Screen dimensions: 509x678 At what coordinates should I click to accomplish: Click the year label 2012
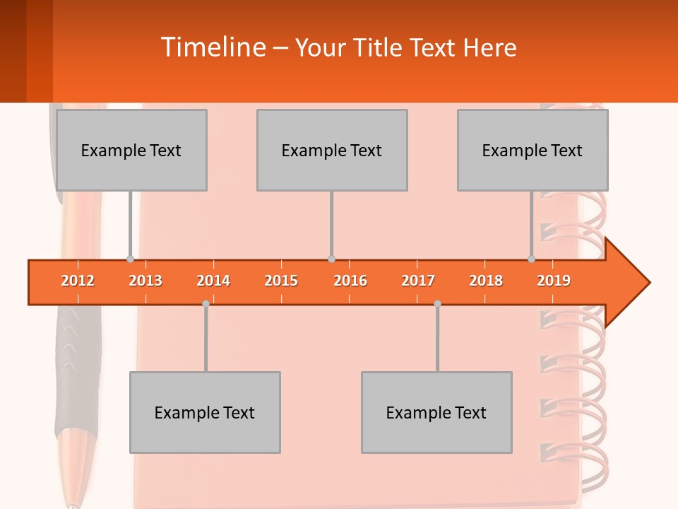(78, 281)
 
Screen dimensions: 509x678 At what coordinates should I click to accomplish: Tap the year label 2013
(145, 281)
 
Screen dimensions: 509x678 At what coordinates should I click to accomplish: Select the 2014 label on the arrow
(213, 281)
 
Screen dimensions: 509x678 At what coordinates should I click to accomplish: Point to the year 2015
(281, 281)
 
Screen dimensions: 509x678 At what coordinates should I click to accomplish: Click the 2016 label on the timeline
(350, 281)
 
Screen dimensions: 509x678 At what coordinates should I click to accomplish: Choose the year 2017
(418, 281)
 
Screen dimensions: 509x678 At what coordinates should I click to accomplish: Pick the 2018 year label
(486, 281)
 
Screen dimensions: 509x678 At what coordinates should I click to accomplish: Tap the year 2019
(554, 281)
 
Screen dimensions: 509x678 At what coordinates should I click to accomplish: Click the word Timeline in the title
(213, 47)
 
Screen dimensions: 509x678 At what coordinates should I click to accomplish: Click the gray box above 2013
(131, 150)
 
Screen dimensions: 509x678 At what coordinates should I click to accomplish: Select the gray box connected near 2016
(332, 150)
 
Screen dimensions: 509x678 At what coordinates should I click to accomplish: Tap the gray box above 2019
(533, 150)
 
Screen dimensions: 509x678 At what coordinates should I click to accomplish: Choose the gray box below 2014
(205, 412)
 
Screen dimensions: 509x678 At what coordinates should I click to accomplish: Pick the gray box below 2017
(436, 412)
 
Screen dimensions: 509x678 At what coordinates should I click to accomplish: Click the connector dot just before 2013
(130, 259)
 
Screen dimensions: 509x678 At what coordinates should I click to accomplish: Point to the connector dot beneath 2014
(206, 303)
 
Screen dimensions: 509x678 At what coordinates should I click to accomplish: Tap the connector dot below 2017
(437, 303)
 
